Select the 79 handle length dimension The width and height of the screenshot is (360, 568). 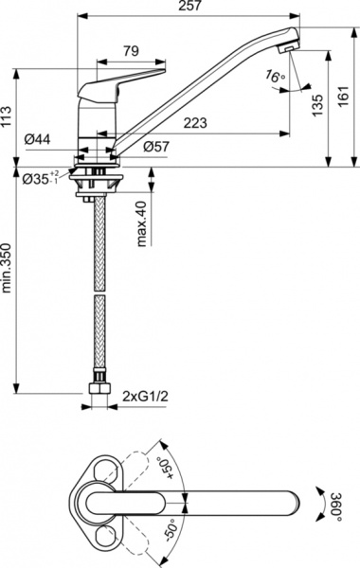pyautogui.click(x=132, y=51)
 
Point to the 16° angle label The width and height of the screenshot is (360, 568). pyautogui.click(x=275, y=76)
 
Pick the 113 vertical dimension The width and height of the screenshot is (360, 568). pyautogui.click(x=9, y=116)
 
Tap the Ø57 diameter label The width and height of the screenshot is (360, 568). pyautogui.click(x=157, y=148)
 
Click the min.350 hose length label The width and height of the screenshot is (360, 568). pyautogui.click(x=9, y=272)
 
